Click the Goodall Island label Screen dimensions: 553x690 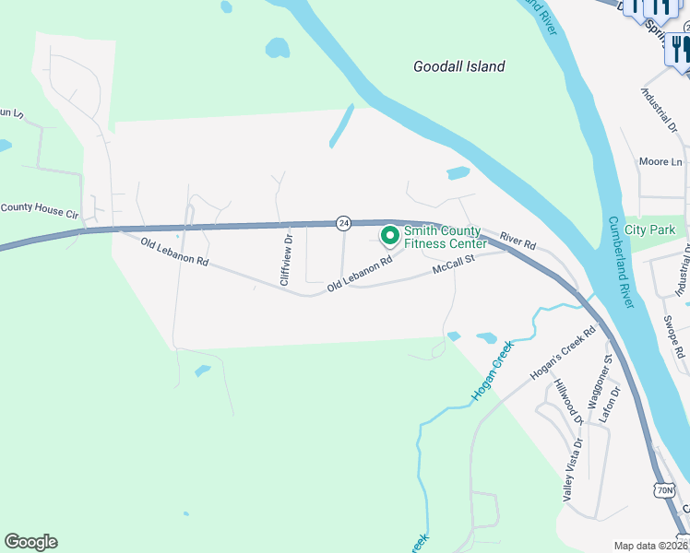[459, 66]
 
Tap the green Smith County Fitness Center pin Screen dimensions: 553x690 [389, 237]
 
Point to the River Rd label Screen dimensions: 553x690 [517, 241]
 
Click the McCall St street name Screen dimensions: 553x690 [453, 265]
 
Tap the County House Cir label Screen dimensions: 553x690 [40, 208]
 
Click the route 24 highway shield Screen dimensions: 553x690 [343, 223]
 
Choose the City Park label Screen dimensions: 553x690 [649, 229]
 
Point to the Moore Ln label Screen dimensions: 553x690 [661, 162]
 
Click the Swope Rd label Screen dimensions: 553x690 [673, 337]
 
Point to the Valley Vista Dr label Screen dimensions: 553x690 [574, 469]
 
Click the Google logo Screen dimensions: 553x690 [30, 542]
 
